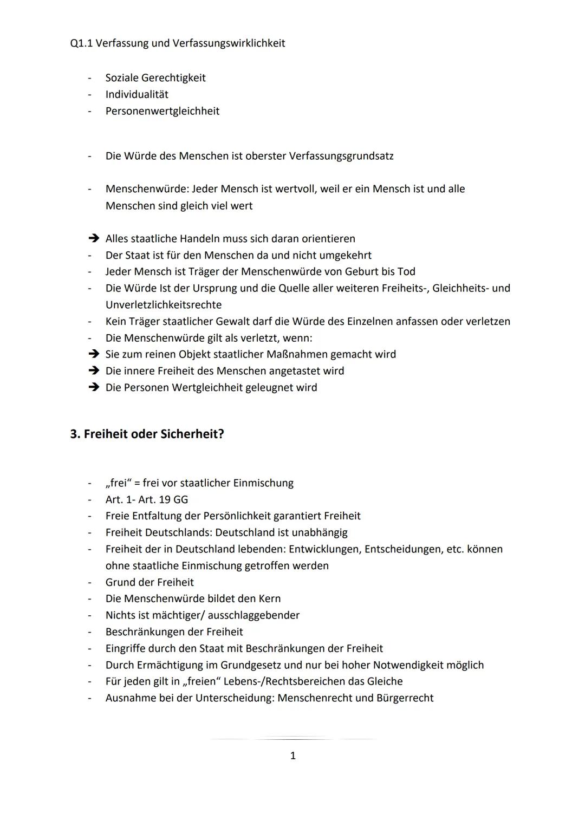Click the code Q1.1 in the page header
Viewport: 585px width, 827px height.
pos(82,43)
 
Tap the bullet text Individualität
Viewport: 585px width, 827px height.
pos(136,94)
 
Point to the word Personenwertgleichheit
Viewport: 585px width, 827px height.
pos(162,111)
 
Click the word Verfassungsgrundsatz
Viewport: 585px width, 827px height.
pos(341,156)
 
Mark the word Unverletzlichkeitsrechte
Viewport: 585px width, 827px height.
pos(163,305)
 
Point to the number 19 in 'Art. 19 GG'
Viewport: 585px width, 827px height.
pos(165,499)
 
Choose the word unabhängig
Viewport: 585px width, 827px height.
pos(319,532)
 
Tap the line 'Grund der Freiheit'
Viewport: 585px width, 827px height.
pos(149,582)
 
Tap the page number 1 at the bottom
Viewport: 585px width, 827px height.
pos(293,756)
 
